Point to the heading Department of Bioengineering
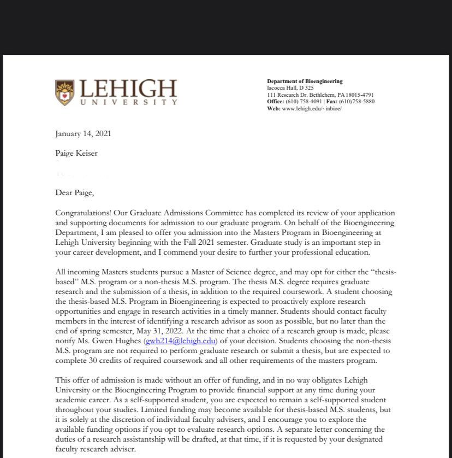pos(305,81)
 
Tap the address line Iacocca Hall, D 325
pos(290,88)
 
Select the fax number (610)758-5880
pos(356,101)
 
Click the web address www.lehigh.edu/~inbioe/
pos(312,108)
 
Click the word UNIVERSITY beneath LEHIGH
pos(129,102)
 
